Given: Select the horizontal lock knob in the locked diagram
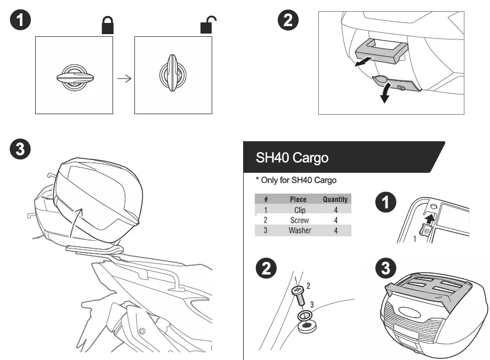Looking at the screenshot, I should click(x=74, y=77).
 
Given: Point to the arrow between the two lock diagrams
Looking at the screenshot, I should click(x=124, y=78).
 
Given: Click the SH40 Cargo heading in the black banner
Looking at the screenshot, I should click(x=292, y=157).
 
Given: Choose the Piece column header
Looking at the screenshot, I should click(x=298, y=199).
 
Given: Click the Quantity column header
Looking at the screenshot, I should click(x=335, y=199).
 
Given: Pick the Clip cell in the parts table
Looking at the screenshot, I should click(x=300, y=210).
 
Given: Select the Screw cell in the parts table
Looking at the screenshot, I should click(x=300, y=220).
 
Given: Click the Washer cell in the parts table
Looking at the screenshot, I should click(x=300, y=230).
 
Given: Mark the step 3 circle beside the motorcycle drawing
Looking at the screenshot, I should click(x=20, y=150).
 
